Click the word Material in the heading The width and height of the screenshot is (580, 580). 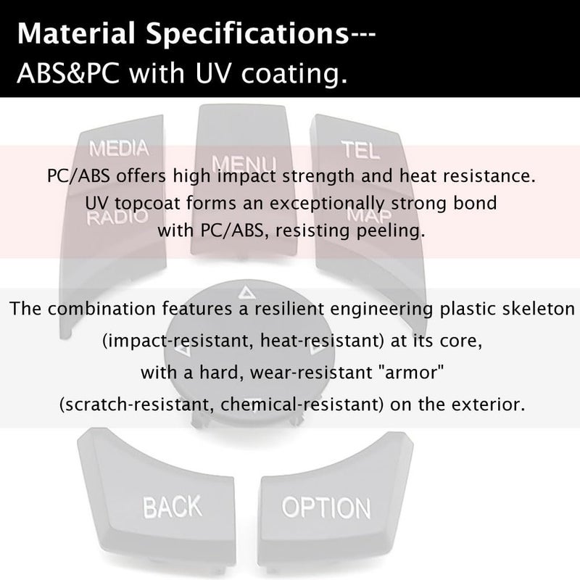[x=76, y=33]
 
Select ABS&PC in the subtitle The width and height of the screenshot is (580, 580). [x=68, y=73]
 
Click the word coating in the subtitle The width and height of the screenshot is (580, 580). [x=294, y=75]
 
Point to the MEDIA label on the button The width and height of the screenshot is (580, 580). [x=119, y=149]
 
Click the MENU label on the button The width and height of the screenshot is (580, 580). [x=244, y=163]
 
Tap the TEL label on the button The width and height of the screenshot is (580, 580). [x=360, y=150]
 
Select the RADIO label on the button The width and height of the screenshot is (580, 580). [x=117, y=217]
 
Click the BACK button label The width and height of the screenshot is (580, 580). [x=173, y=506]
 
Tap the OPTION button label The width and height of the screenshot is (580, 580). [x=326, y=507]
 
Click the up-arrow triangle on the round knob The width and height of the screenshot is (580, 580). [x=245, y=293]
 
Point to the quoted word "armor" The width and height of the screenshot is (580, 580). [x=414, y=372]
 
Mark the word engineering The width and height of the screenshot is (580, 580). [x=381, y=310]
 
